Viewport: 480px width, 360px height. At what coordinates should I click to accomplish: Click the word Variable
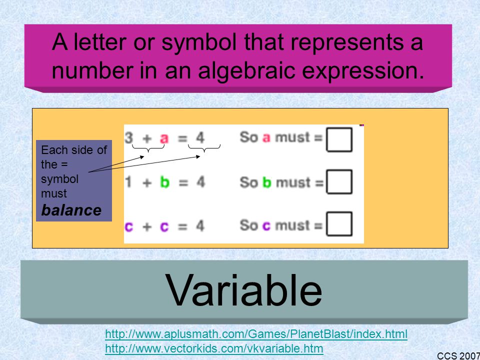click(243, 290)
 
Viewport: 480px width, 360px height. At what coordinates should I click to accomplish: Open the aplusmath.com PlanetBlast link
click(256, 334)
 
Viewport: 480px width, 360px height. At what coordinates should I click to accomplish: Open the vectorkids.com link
click(214, 348)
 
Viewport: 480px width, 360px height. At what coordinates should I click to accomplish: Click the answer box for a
click(339, 140)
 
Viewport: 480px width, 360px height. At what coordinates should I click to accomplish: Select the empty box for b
click(339, 182)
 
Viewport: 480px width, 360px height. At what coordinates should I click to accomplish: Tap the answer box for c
click(339, 224)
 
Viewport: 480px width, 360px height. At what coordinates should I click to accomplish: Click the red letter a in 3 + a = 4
click(164, 138)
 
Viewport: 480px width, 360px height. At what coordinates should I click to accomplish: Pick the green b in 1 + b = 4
click(164, 182)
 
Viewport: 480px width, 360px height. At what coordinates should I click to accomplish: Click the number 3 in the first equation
click(129, 137)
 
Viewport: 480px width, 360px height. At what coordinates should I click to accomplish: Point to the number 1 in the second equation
click(128, 182)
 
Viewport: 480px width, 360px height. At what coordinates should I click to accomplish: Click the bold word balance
click(71, 210)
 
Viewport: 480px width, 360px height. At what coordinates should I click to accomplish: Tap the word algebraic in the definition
click(246, 70)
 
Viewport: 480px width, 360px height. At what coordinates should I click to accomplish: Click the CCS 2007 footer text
click(458, 355)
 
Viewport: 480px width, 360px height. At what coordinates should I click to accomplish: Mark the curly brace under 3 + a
click(148, 148)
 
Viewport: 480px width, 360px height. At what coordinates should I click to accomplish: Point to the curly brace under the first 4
click(204, 148)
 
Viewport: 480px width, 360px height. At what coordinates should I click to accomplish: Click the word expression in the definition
click(363, 70)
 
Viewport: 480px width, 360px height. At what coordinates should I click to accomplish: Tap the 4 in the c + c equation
click(200, 226)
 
